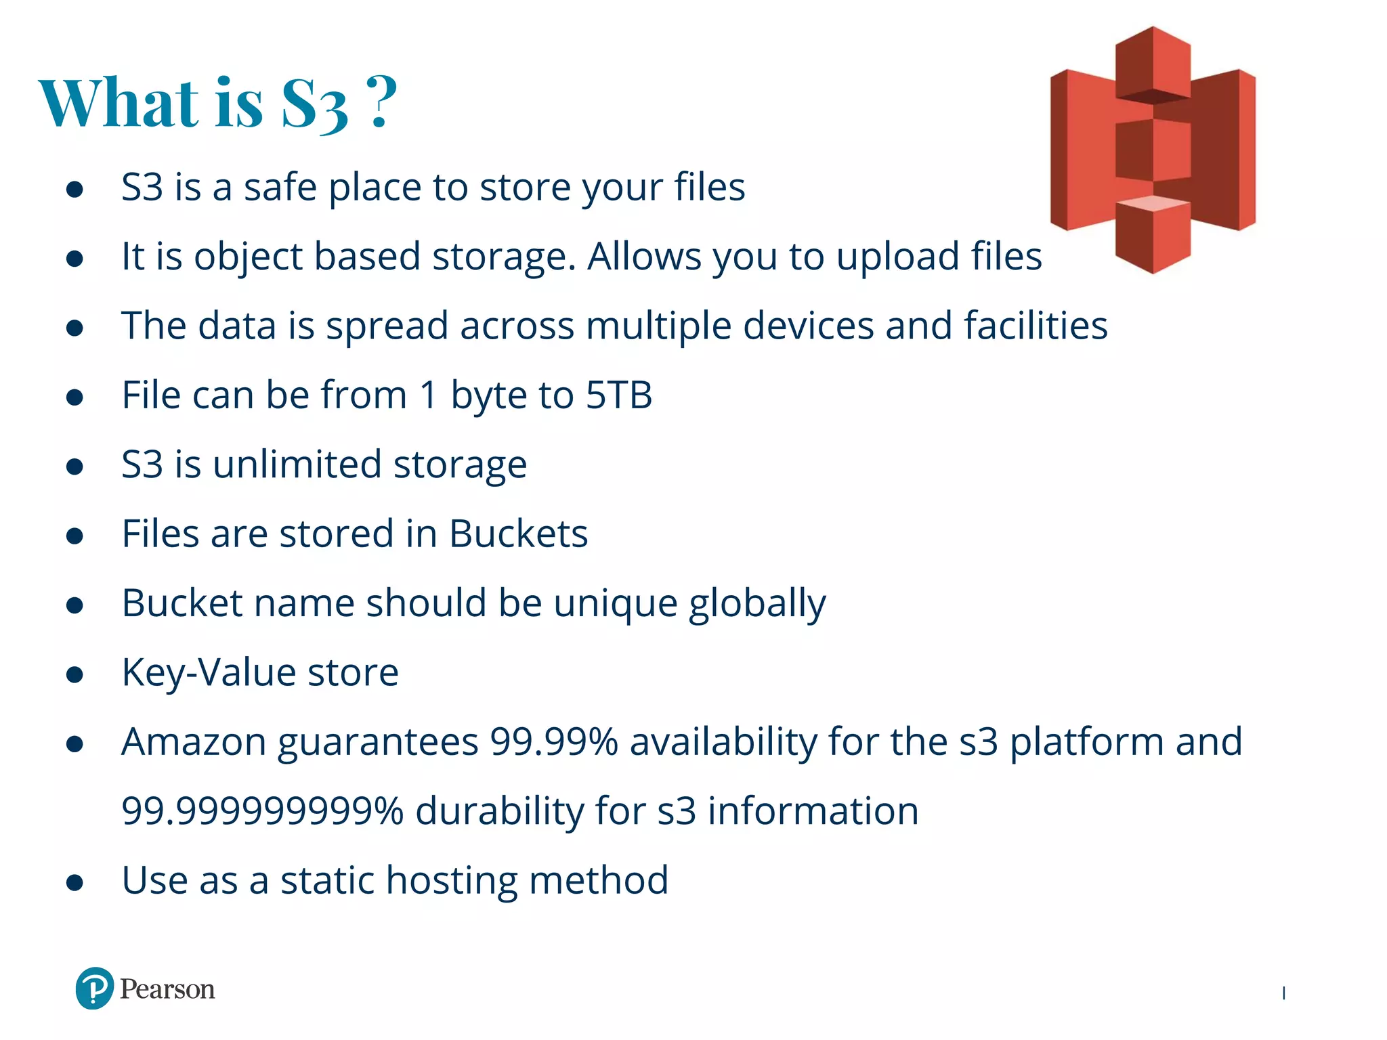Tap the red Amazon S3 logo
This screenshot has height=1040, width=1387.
click(1153, 150)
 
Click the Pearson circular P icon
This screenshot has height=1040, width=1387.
click(94, 989)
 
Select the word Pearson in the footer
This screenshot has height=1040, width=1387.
click(167, 989)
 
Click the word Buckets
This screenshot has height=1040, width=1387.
click(518, 534)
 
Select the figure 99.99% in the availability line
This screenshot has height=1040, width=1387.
click(553, 741)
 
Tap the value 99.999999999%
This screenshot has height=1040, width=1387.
click(262, 811)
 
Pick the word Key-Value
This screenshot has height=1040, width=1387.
click(209, 673)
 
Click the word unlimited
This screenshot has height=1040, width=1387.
click(297, 464)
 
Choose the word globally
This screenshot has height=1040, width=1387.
click(757, 604)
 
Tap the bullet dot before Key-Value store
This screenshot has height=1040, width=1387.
click(74, 674)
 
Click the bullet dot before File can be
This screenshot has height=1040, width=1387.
click(74, 397)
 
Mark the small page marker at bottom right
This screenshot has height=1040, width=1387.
click(1283, 993)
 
